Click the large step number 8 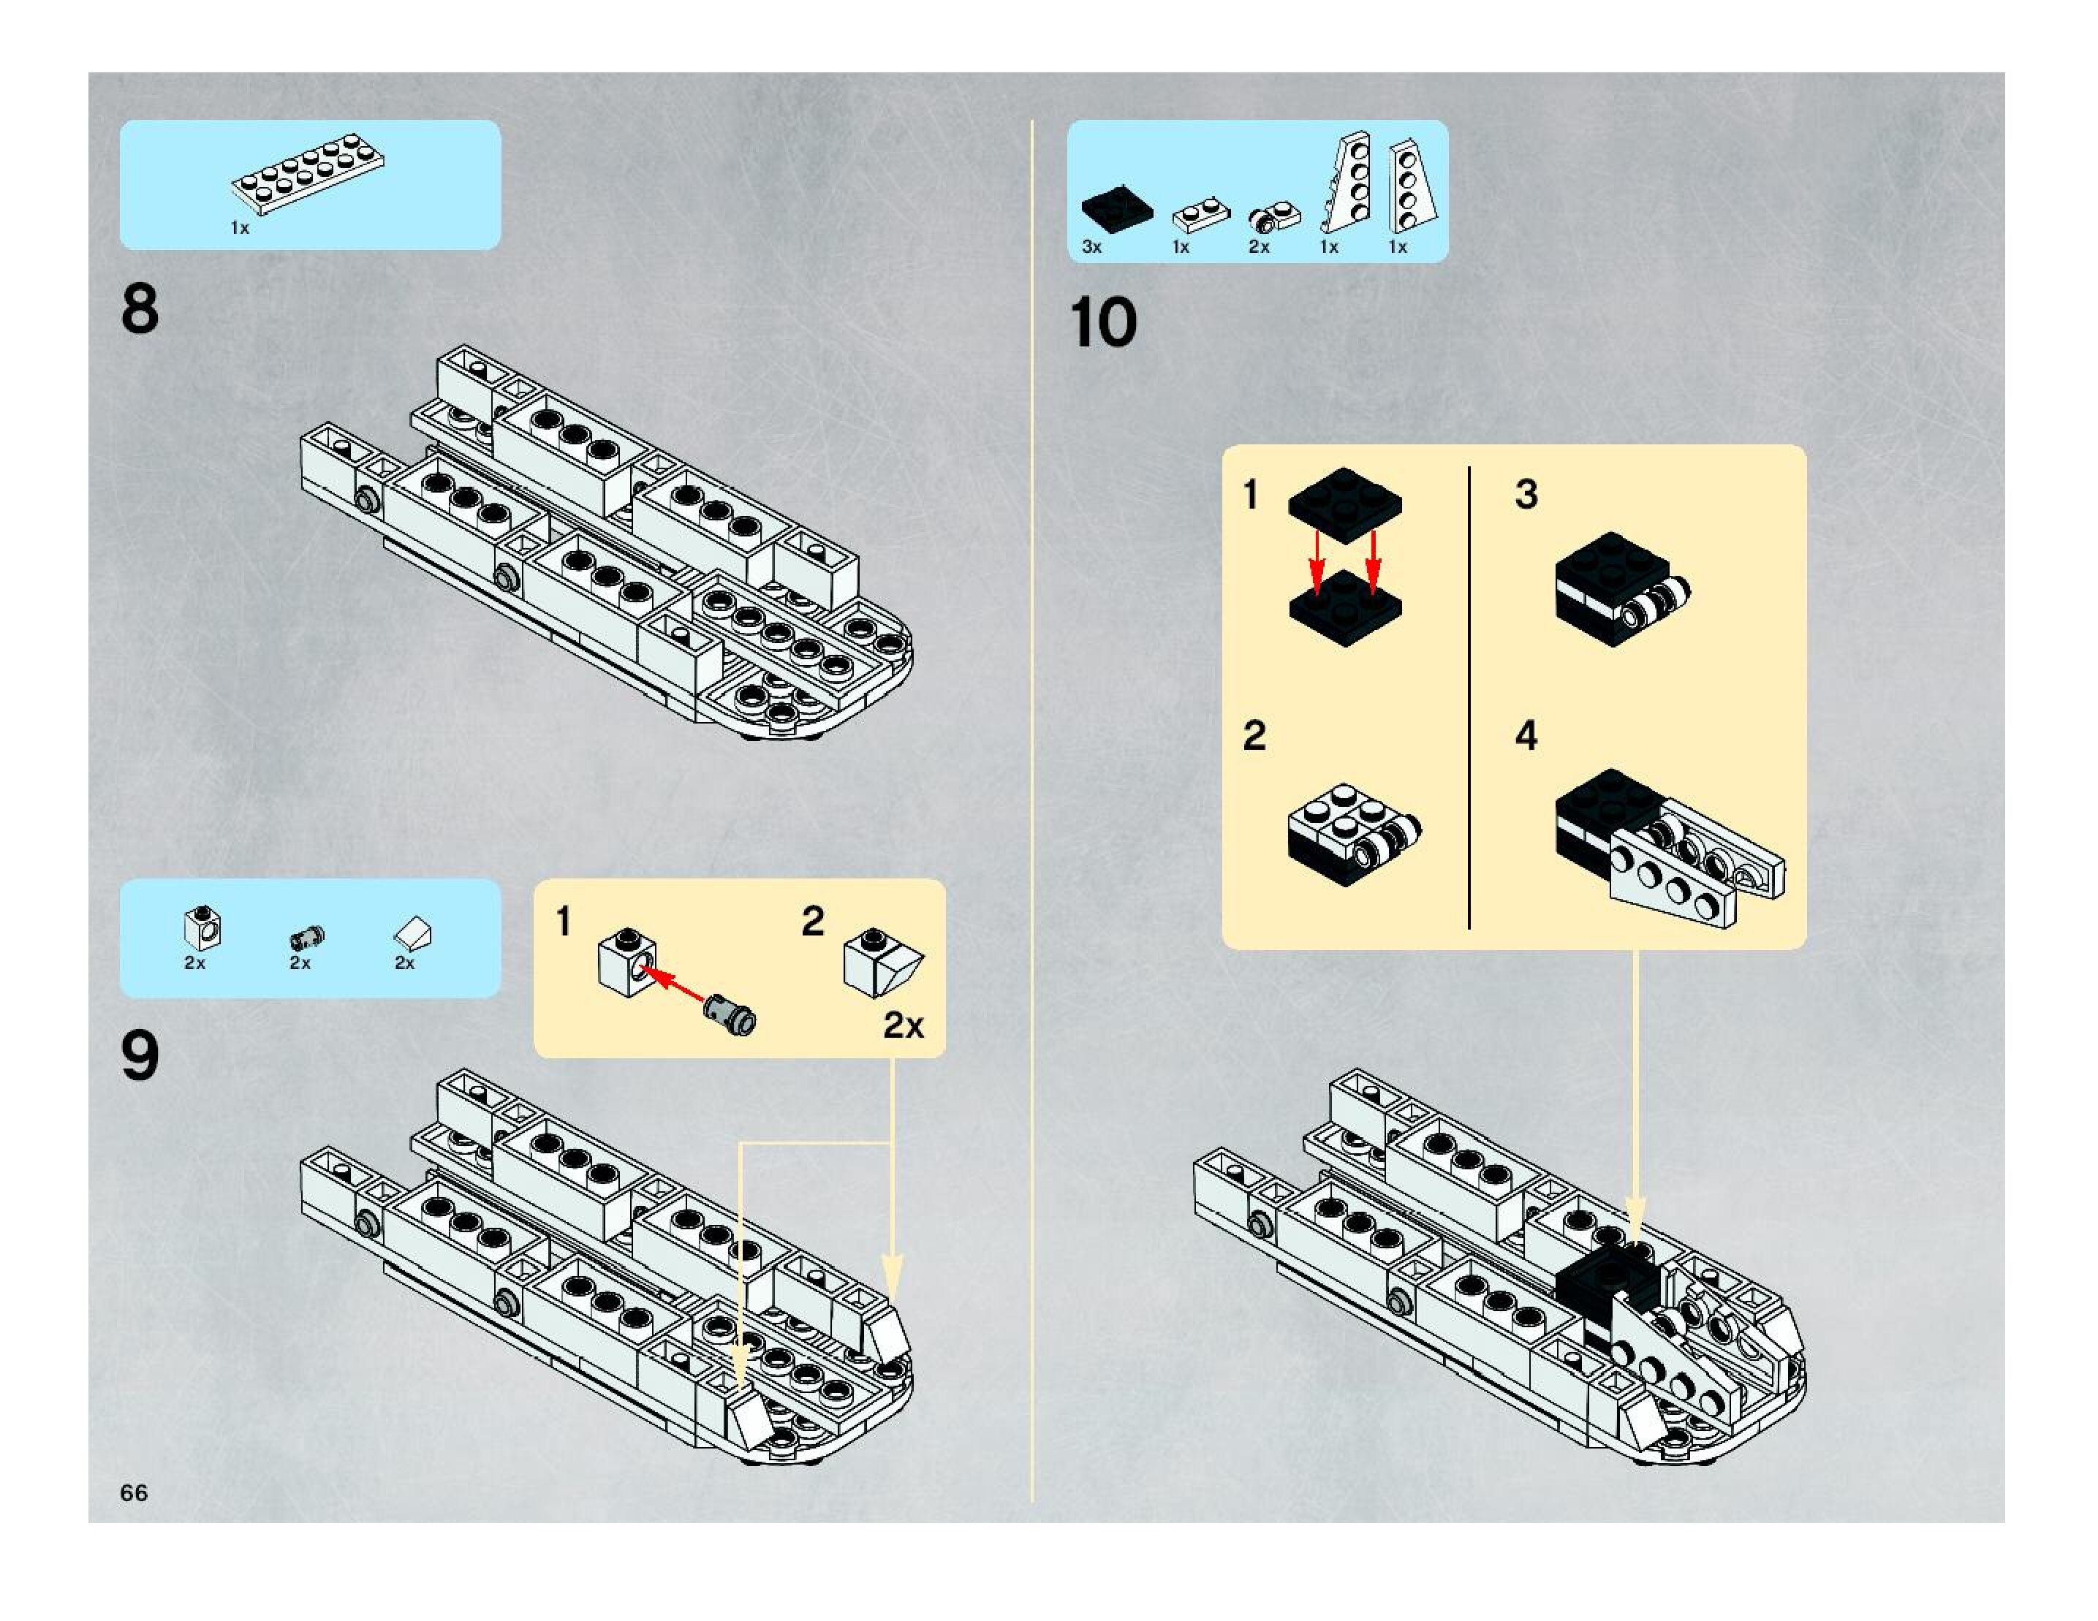click(x=140, y=309)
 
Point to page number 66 click(x=135, y=1492)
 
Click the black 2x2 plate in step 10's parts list click(x=1116, y=209)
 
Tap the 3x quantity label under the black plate click(x=1092, y=247)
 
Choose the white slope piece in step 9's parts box click(x=413, y=932)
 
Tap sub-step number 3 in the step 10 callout click(x=1526, y=496)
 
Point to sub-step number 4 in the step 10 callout click(x=1526, y=737)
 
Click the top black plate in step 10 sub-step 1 click(x=1345, y=498)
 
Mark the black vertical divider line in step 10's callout click(x=1469, y=697)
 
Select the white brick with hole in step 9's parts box click(x=202, y=927)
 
